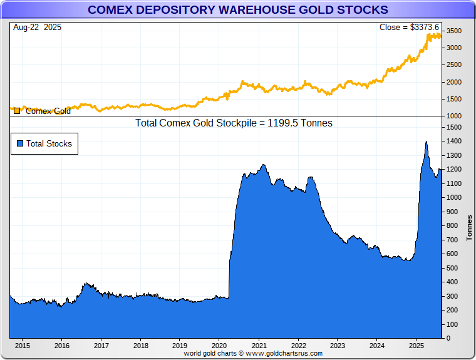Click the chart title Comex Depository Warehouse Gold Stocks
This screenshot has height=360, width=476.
pyautogui.click(x=238, y=10)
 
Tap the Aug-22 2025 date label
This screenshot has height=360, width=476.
pyautogui.click(x=36, y=28)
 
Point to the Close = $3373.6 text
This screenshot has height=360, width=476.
pyautogui.click(x=409, y=28)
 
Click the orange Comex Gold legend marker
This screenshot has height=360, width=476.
pyautogui.click(x=17, y=111)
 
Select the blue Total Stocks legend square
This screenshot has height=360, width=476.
pyautogui.click(x=20, y=143)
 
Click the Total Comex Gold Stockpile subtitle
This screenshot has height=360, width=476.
pyautogui.click(x=234, y=123)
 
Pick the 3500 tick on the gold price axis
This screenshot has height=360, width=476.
pyautogui.click(x=454, y=31)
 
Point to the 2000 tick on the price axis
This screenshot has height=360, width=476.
pyautogui.click(x=454, y=82)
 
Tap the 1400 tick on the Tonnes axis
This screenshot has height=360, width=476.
pyautogui.click(x=454, y=141)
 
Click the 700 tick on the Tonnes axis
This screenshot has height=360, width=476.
pyautogui.click(x=452, y=240)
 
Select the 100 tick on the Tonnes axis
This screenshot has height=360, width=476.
pyautogui.click(x=452, y=325)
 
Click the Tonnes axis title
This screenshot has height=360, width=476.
pyautogui.click(x=469, y=228)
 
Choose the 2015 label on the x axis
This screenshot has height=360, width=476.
pyautogui.click(x=22, y=345)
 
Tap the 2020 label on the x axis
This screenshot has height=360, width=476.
pyautogui.click(x=219, y=345)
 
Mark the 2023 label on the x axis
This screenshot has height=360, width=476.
pyautogui.click(x=338, y=345)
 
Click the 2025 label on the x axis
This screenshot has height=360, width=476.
pyautogui.click(x=416, y=345)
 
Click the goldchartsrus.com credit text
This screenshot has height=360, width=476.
pyautogui.click(x=253, y=353)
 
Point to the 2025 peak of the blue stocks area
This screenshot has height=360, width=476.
pyautogui.click(x=426, y=142)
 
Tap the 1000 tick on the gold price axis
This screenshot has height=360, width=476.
pyautogui.click(x=454, y=116)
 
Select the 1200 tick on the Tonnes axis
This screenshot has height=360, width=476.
pyautogui.click(x=454, y=170)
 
